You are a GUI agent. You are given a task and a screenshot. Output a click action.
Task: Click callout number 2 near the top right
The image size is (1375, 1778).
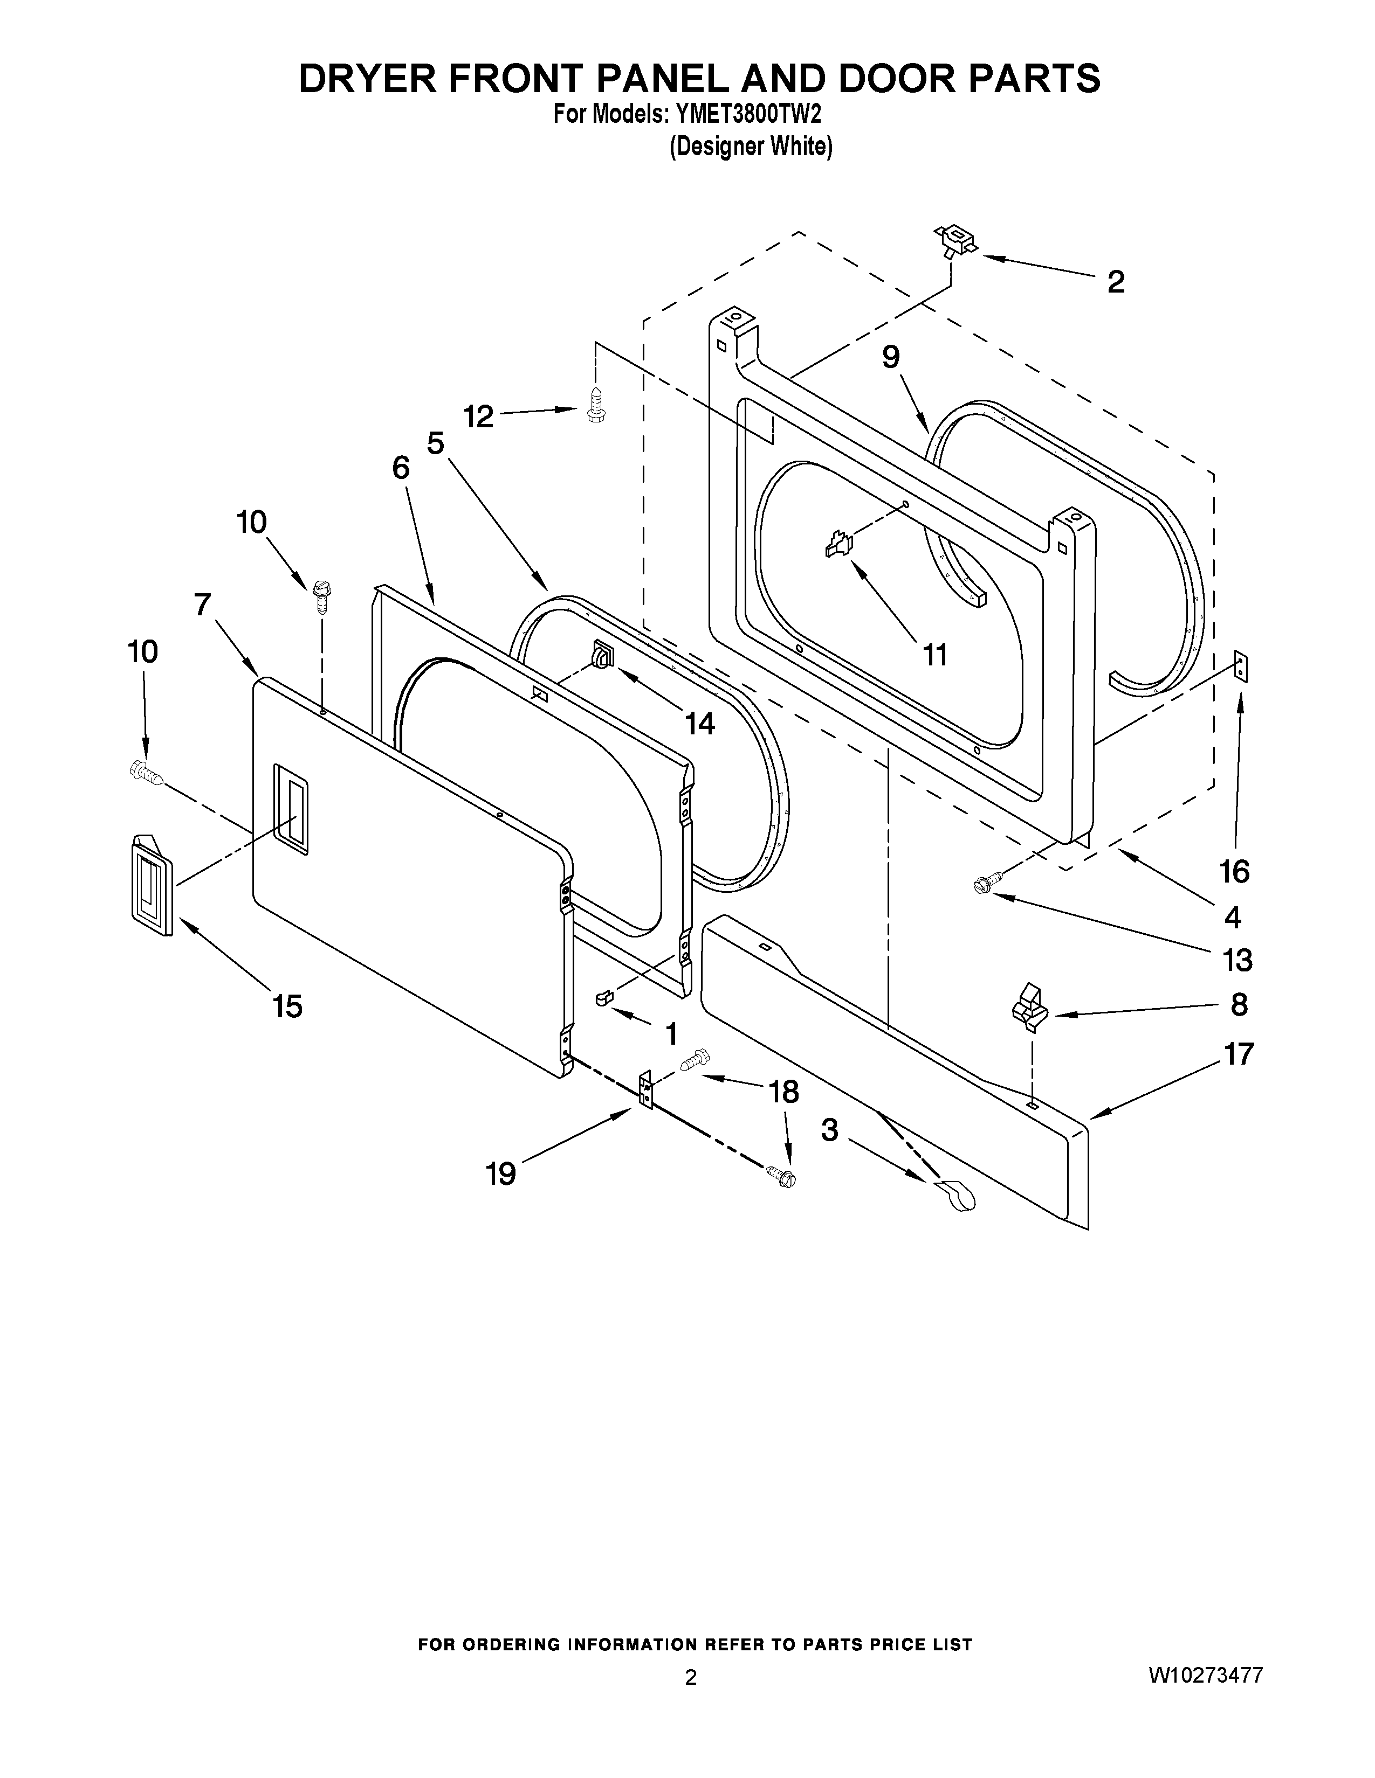point(1115,282)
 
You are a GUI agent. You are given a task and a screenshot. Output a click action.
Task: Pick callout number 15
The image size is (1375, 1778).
point(287,1007)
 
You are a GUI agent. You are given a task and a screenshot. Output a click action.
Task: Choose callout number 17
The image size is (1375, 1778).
point(1238,1054)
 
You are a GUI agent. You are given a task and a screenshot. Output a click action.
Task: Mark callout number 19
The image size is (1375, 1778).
point(501,1174)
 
